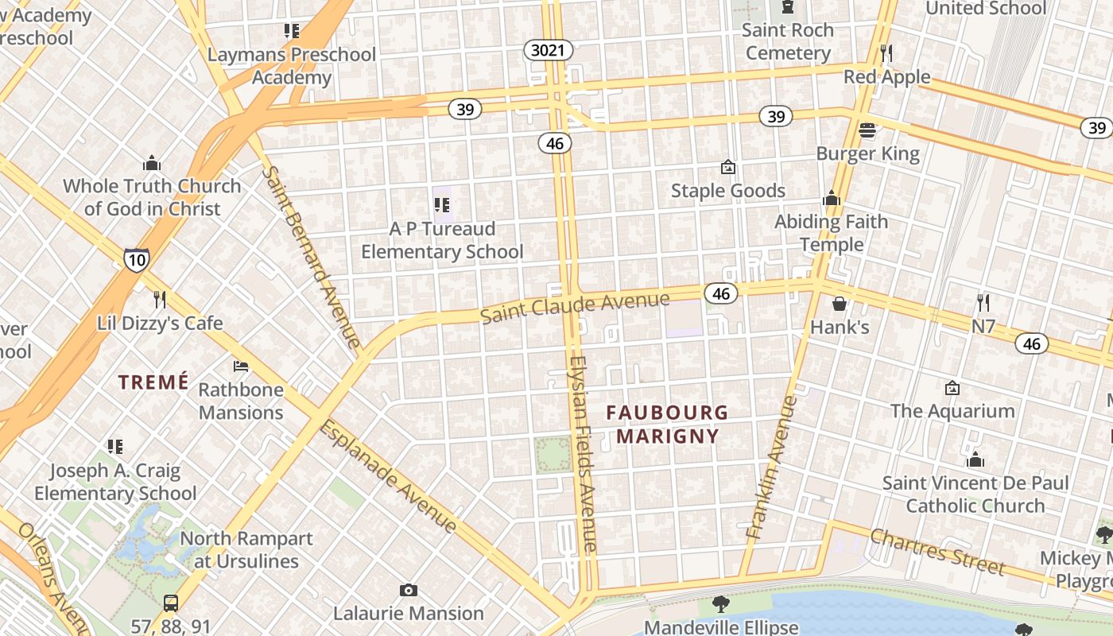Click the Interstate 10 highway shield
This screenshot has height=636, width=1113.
point(136,260)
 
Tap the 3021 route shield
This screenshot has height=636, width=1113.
point(548,51)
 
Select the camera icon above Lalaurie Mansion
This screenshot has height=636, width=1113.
point(409,590)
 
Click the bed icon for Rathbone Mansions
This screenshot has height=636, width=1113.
point(241,366)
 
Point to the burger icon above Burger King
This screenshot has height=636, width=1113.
point(867,130)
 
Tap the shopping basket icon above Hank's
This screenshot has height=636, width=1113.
point(840,304)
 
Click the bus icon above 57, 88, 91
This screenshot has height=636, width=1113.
point(170,603)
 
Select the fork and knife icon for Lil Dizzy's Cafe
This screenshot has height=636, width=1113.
point(160,300)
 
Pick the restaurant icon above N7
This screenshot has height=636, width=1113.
point(983,303)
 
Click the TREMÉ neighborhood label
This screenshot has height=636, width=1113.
point(154,382)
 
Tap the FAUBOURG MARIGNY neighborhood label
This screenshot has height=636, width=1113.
point(667,424)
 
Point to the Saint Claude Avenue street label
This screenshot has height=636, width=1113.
point(575,308)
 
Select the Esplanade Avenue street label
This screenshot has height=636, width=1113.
point(388,477)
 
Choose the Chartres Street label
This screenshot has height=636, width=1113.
point(937,551)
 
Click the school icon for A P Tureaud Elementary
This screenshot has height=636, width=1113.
point(442,206)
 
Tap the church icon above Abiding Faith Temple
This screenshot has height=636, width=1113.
point(832,199)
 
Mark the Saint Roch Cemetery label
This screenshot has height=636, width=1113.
point(788,41)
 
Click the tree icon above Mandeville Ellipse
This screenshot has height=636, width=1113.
point(721,604)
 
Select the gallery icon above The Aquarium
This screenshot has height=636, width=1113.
point(952,388)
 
